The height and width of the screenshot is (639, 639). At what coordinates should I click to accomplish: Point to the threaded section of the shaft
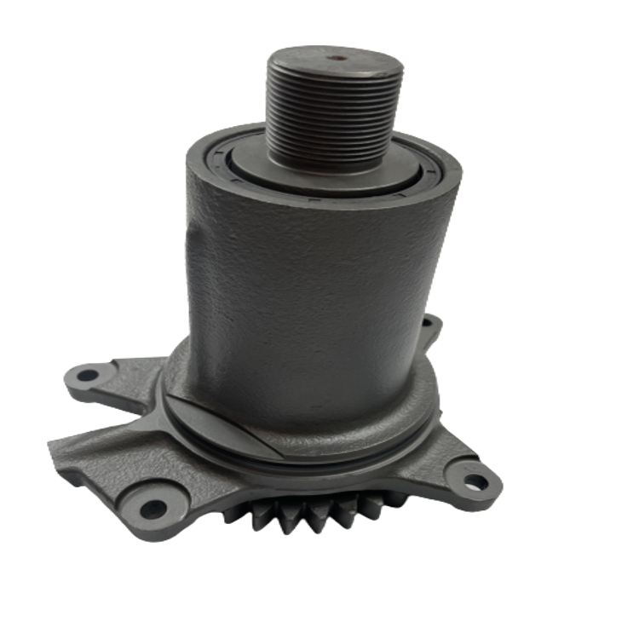pos(333,119)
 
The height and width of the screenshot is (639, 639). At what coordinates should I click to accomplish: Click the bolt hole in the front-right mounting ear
pos(474,482)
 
